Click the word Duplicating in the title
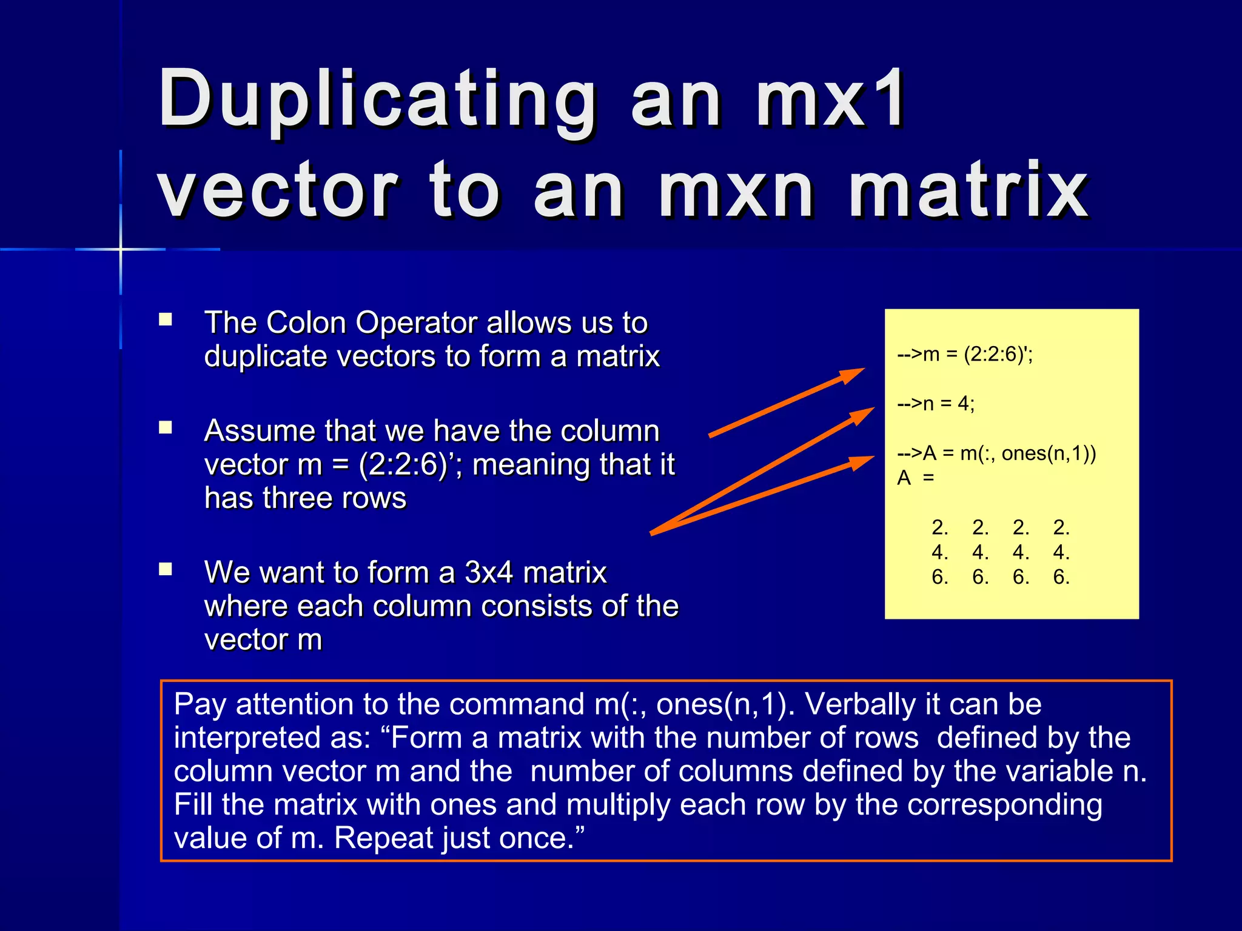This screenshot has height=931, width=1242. pos(376,100)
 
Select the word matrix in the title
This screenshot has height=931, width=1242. pos(968,192)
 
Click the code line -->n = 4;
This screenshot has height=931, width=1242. pos(936,404)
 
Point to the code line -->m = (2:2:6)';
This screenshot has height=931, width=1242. pos(965,354)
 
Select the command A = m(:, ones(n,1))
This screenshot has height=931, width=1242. pos(1009,453)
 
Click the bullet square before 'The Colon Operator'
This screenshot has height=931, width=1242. pos(166,319)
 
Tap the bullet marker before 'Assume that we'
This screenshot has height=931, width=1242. pos(166,428)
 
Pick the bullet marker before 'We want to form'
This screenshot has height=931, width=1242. pos(166,569)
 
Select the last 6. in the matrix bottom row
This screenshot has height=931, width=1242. pos(1061,577)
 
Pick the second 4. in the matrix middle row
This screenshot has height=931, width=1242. pos(980,552)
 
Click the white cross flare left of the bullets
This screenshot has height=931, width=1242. pos(121,249)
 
